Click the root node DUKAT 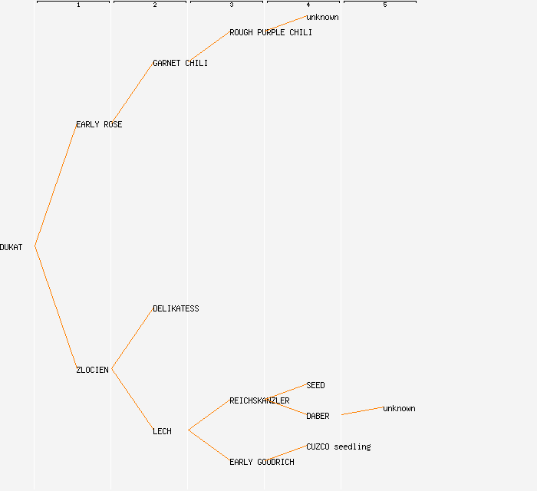[x=12, y=247]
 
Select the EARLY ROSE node [x=99, y=124]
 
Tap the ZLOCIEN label [x=92, y=370]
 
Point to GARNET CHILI [x=180, y=63]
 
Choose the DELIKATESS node [x=176, y=308]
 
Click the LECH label [x=162, y=431]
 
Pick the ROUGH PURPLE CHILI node [x=271, y=32]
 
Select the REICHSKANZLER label [x=259, y=400]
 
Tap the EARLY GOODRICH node [x=262, y=462]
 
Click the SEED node [x=315, y=385]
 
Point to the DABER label [x=318, y=416]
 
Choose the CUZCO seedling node [x=338, y=447]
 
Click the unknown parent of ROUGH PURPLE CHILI [x=322, y=17]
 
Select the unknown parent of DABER [x=399, y=408]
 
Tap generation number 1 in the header [x=78, y=5]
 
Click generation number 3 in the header [x=232, y=5]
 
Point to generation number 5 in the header [x=385, y=5]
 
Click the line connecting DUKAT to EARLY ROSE [x=55, y=185]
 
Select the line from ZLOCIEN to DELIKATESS [x=132, y=339]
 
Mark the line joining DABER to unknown [x=362, y=411]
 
